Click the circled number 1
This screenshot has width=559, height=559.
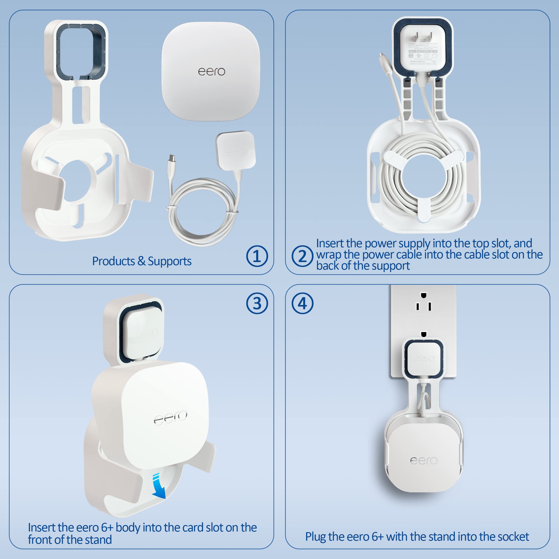click(257, 256)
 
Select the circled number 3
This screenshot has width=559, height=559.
click(257, 303)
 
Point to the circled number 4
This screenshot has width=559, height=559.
click(302, 303)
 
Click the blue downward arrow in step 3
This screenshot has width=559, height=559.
click(159, 487)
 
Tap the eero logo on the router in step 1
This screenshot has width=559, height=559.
click(212, 72)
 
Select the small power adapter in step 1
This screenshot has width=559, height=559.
click(235, 150)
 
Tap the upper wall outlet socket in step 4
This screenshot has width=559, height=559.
click(423, 302)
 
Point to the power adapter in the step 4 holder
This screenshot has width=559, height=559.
click(424, 359)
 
